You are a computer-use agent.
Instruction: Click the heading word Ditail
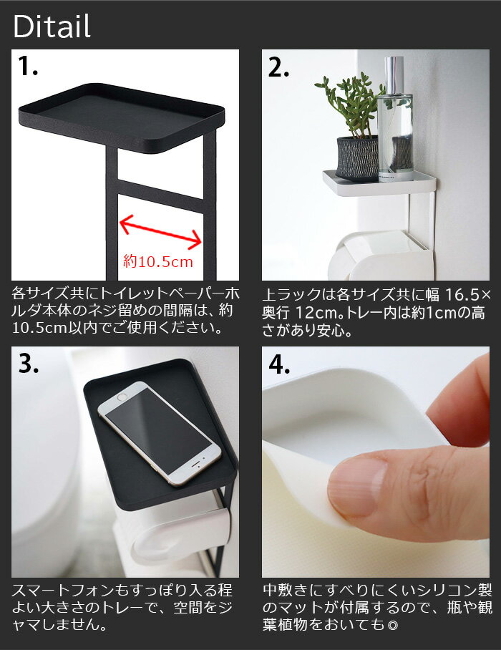52,26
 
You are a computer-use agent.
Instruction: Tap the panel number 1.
28,67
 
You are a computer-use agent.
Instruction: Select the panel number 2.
278,67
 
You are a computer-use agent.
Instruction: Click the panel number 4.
279,364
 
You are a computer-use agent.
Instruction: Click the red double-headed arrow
161,232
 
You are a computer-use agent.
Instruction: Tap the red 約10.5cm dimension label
158,261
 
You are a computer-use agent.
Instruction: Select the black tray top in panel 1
122,117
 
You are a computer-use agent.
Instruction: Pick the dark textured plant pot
357,158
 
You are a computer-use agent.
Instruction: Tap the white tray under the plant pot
379,182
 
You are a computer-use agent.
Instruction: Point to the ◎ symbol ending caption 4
391,625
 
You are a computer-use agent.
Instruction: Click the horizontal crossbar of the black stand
161,195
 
